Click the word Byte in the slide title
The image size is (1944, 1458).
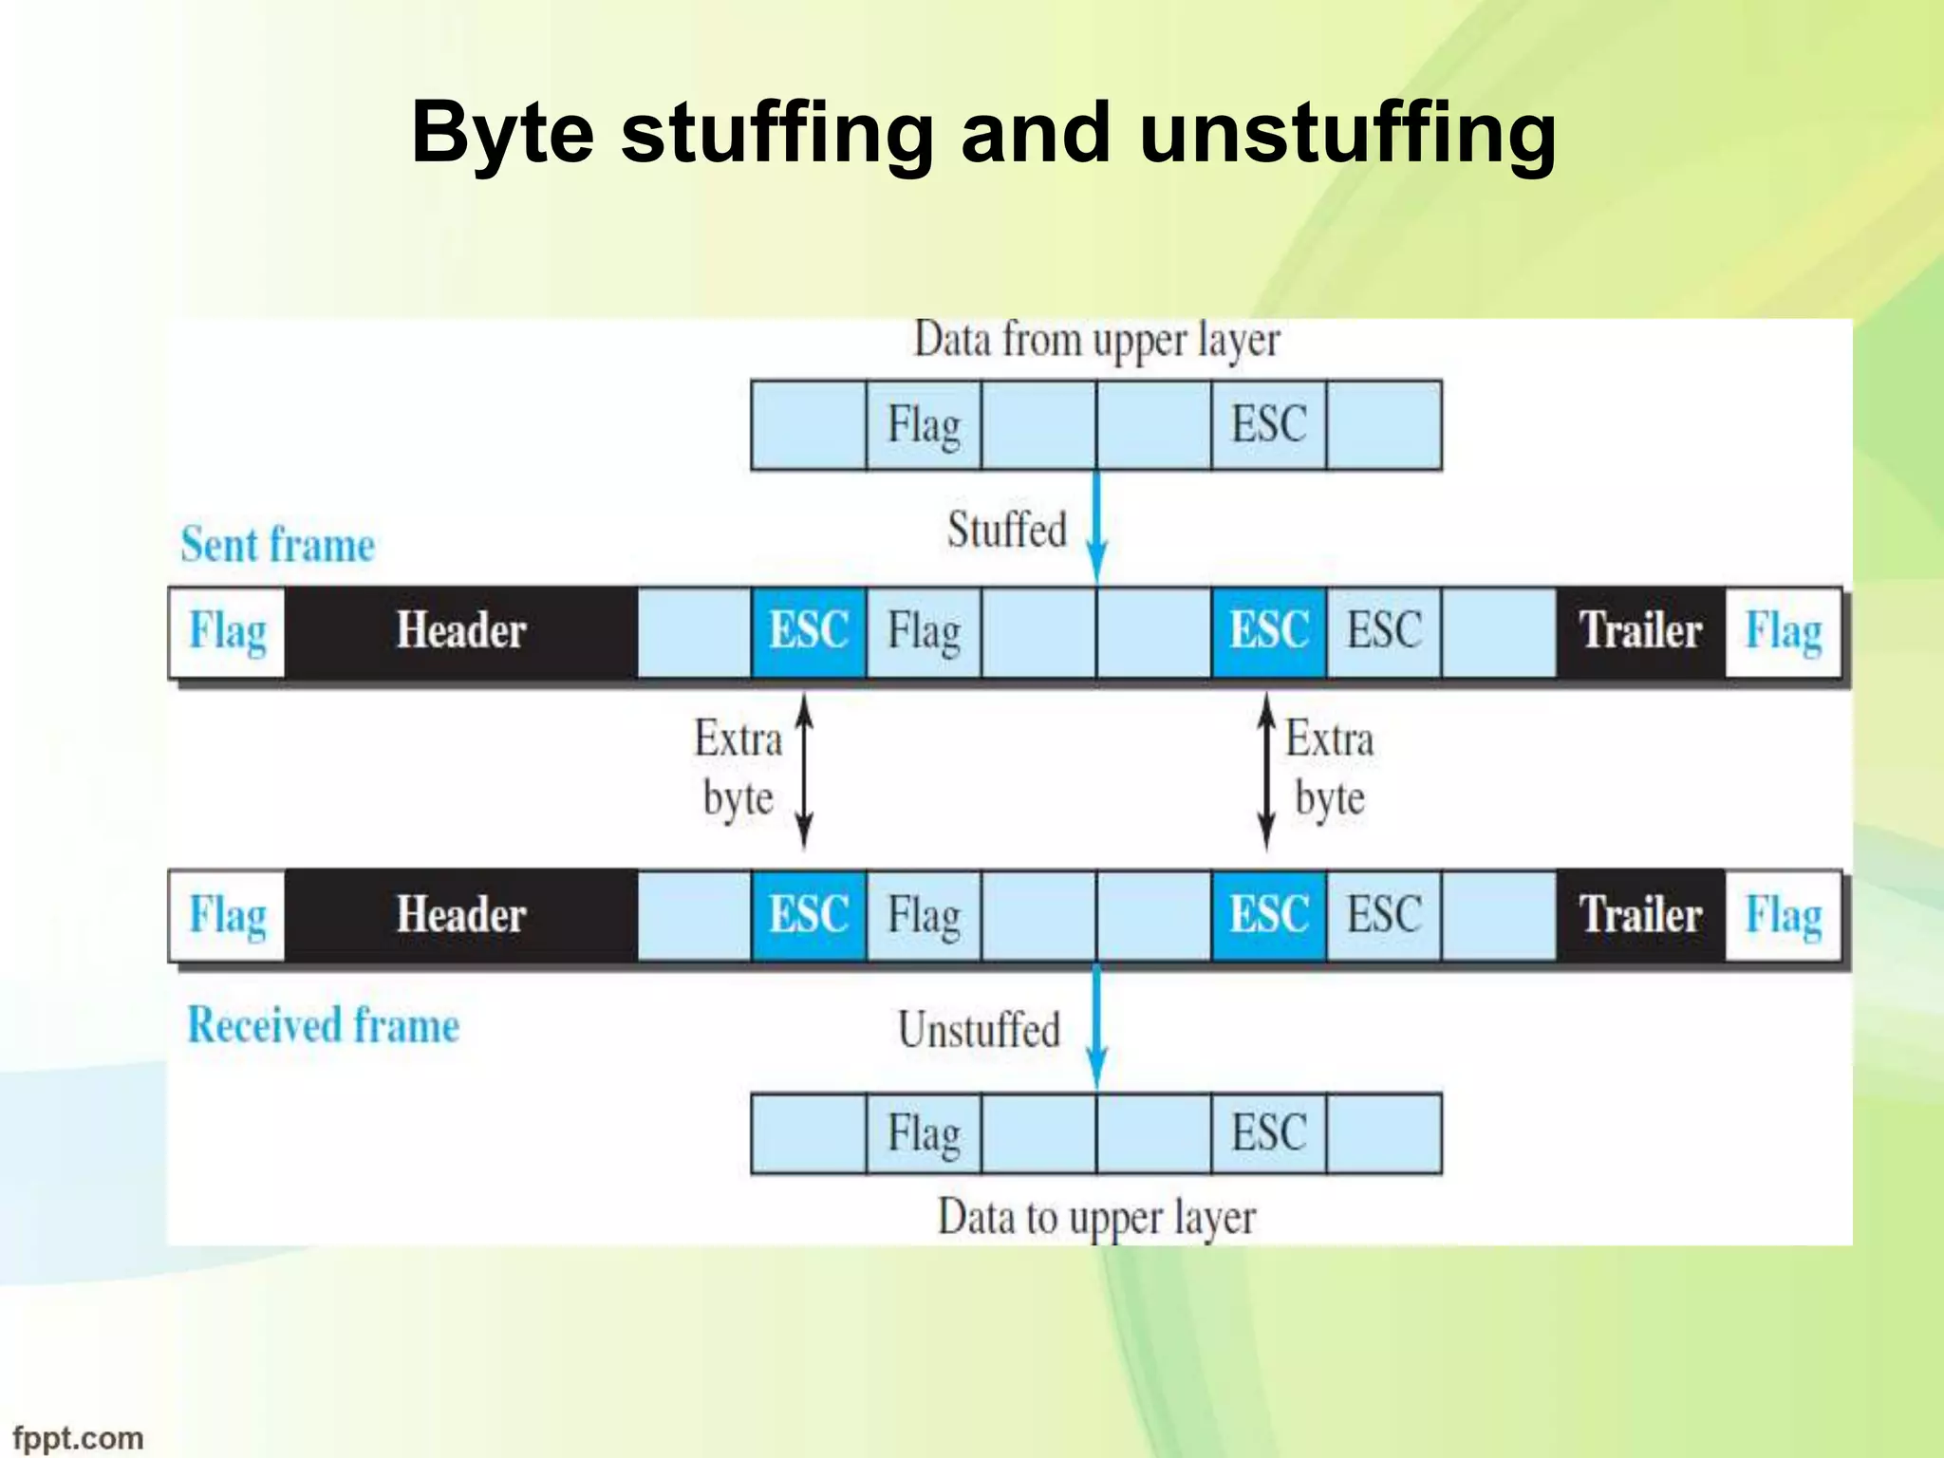(502, 134)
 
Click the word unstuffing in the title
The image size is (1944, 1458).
(1347, 134)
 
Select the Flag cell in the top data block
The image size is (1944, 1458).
(924, 425)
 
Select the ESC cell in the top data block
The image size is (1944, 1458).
(1268, 425)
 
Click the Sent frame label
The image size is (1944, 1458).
(277, 546)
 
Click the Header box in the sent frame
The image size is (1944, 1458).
(461, 631)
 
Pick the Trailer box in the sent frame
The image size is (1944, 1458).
(1640, 631)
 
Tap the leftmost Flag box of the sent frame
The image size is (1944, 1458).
(228, 631)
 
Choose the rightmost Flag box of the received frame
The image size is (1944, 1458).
(1784, 916)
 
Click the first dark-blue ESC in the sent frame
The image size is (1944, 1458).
(809, 631)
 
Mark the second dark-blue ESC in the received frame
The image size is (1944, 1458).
(1268, 916)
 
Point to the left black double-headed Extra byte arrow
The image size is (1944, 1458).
(804, 771)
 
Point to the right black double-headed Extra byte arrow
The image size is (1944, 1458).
(1266, 771)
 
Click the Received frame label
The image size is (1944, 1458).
(323, 1026)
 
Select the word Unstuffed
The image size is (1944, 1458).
(979, 1031)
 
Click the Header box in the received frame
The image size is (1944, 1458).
(461, 916)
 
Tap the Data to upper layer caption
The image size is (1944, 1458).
(1096, 1218)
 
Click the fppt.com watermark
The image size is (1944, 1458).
(78, 1437)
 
